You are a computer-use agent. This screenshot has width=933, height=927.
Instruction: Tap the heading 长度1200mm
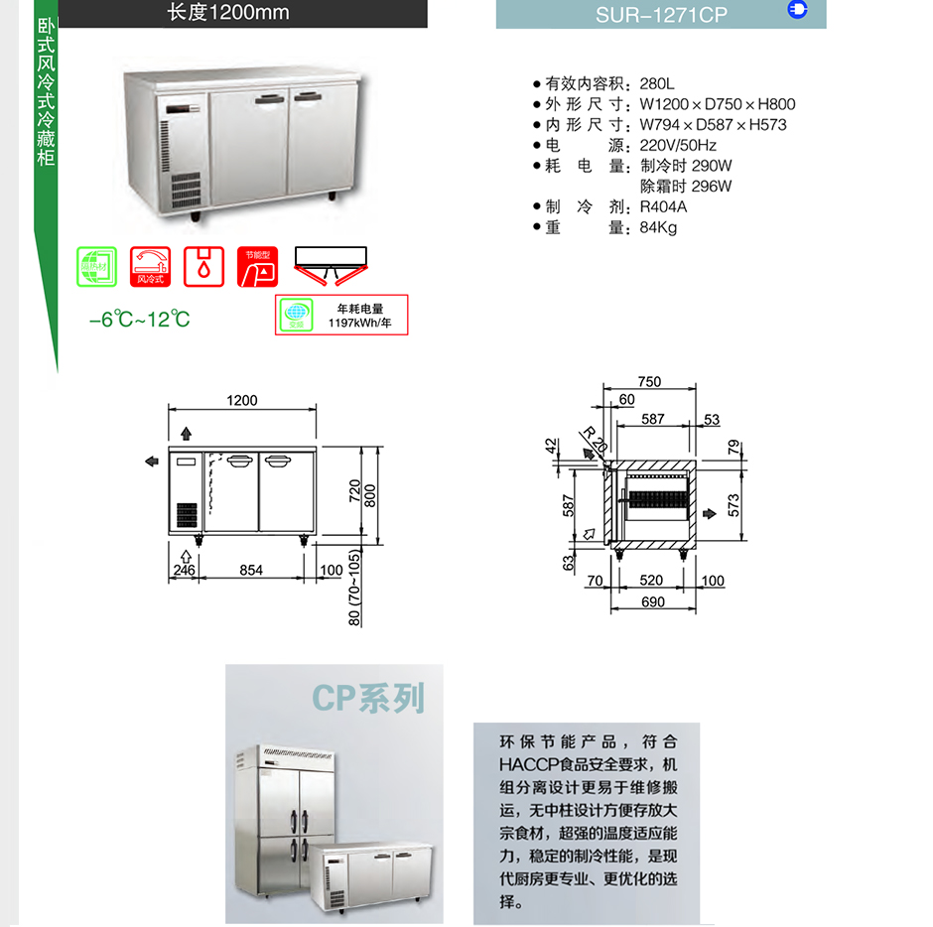[227, 13]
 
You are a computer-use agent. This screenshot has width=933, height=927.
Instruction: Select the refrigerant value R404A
[663, 206]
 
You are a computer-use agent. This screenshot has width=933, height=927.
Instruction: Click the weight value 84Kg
[658, 227]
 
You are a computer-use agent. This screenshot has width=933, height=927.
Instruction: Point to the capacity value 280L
[657, 83]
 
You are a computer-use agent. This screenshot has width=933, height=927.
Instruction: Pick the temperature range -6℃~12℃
[139, 320]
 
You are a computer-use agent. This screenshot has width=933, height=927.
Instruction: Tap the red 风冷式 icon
[150, 267]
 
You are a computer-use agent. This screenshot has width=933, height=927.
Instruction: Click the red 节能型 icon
[257, 267]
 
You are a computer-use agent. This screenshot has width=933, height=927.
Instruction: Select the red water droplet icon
[203, 267]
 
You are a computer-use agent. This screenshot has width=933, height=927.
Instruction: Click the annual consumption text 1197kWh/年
[359, 323]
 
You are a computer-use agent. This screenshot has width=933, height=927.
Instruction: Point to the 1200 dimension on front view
[241, 401]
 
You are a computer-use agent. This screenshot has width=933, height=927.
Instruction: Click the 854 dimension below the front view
[251, 570]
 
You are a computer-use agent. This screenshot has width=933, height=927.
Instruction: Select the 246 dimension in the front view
[184, 570]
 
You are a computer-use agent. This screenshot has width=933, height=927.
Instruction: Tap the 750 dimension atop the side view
[649, 382]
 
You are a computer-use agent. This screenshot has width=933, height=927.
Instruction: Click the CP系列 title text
[367, 698]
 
